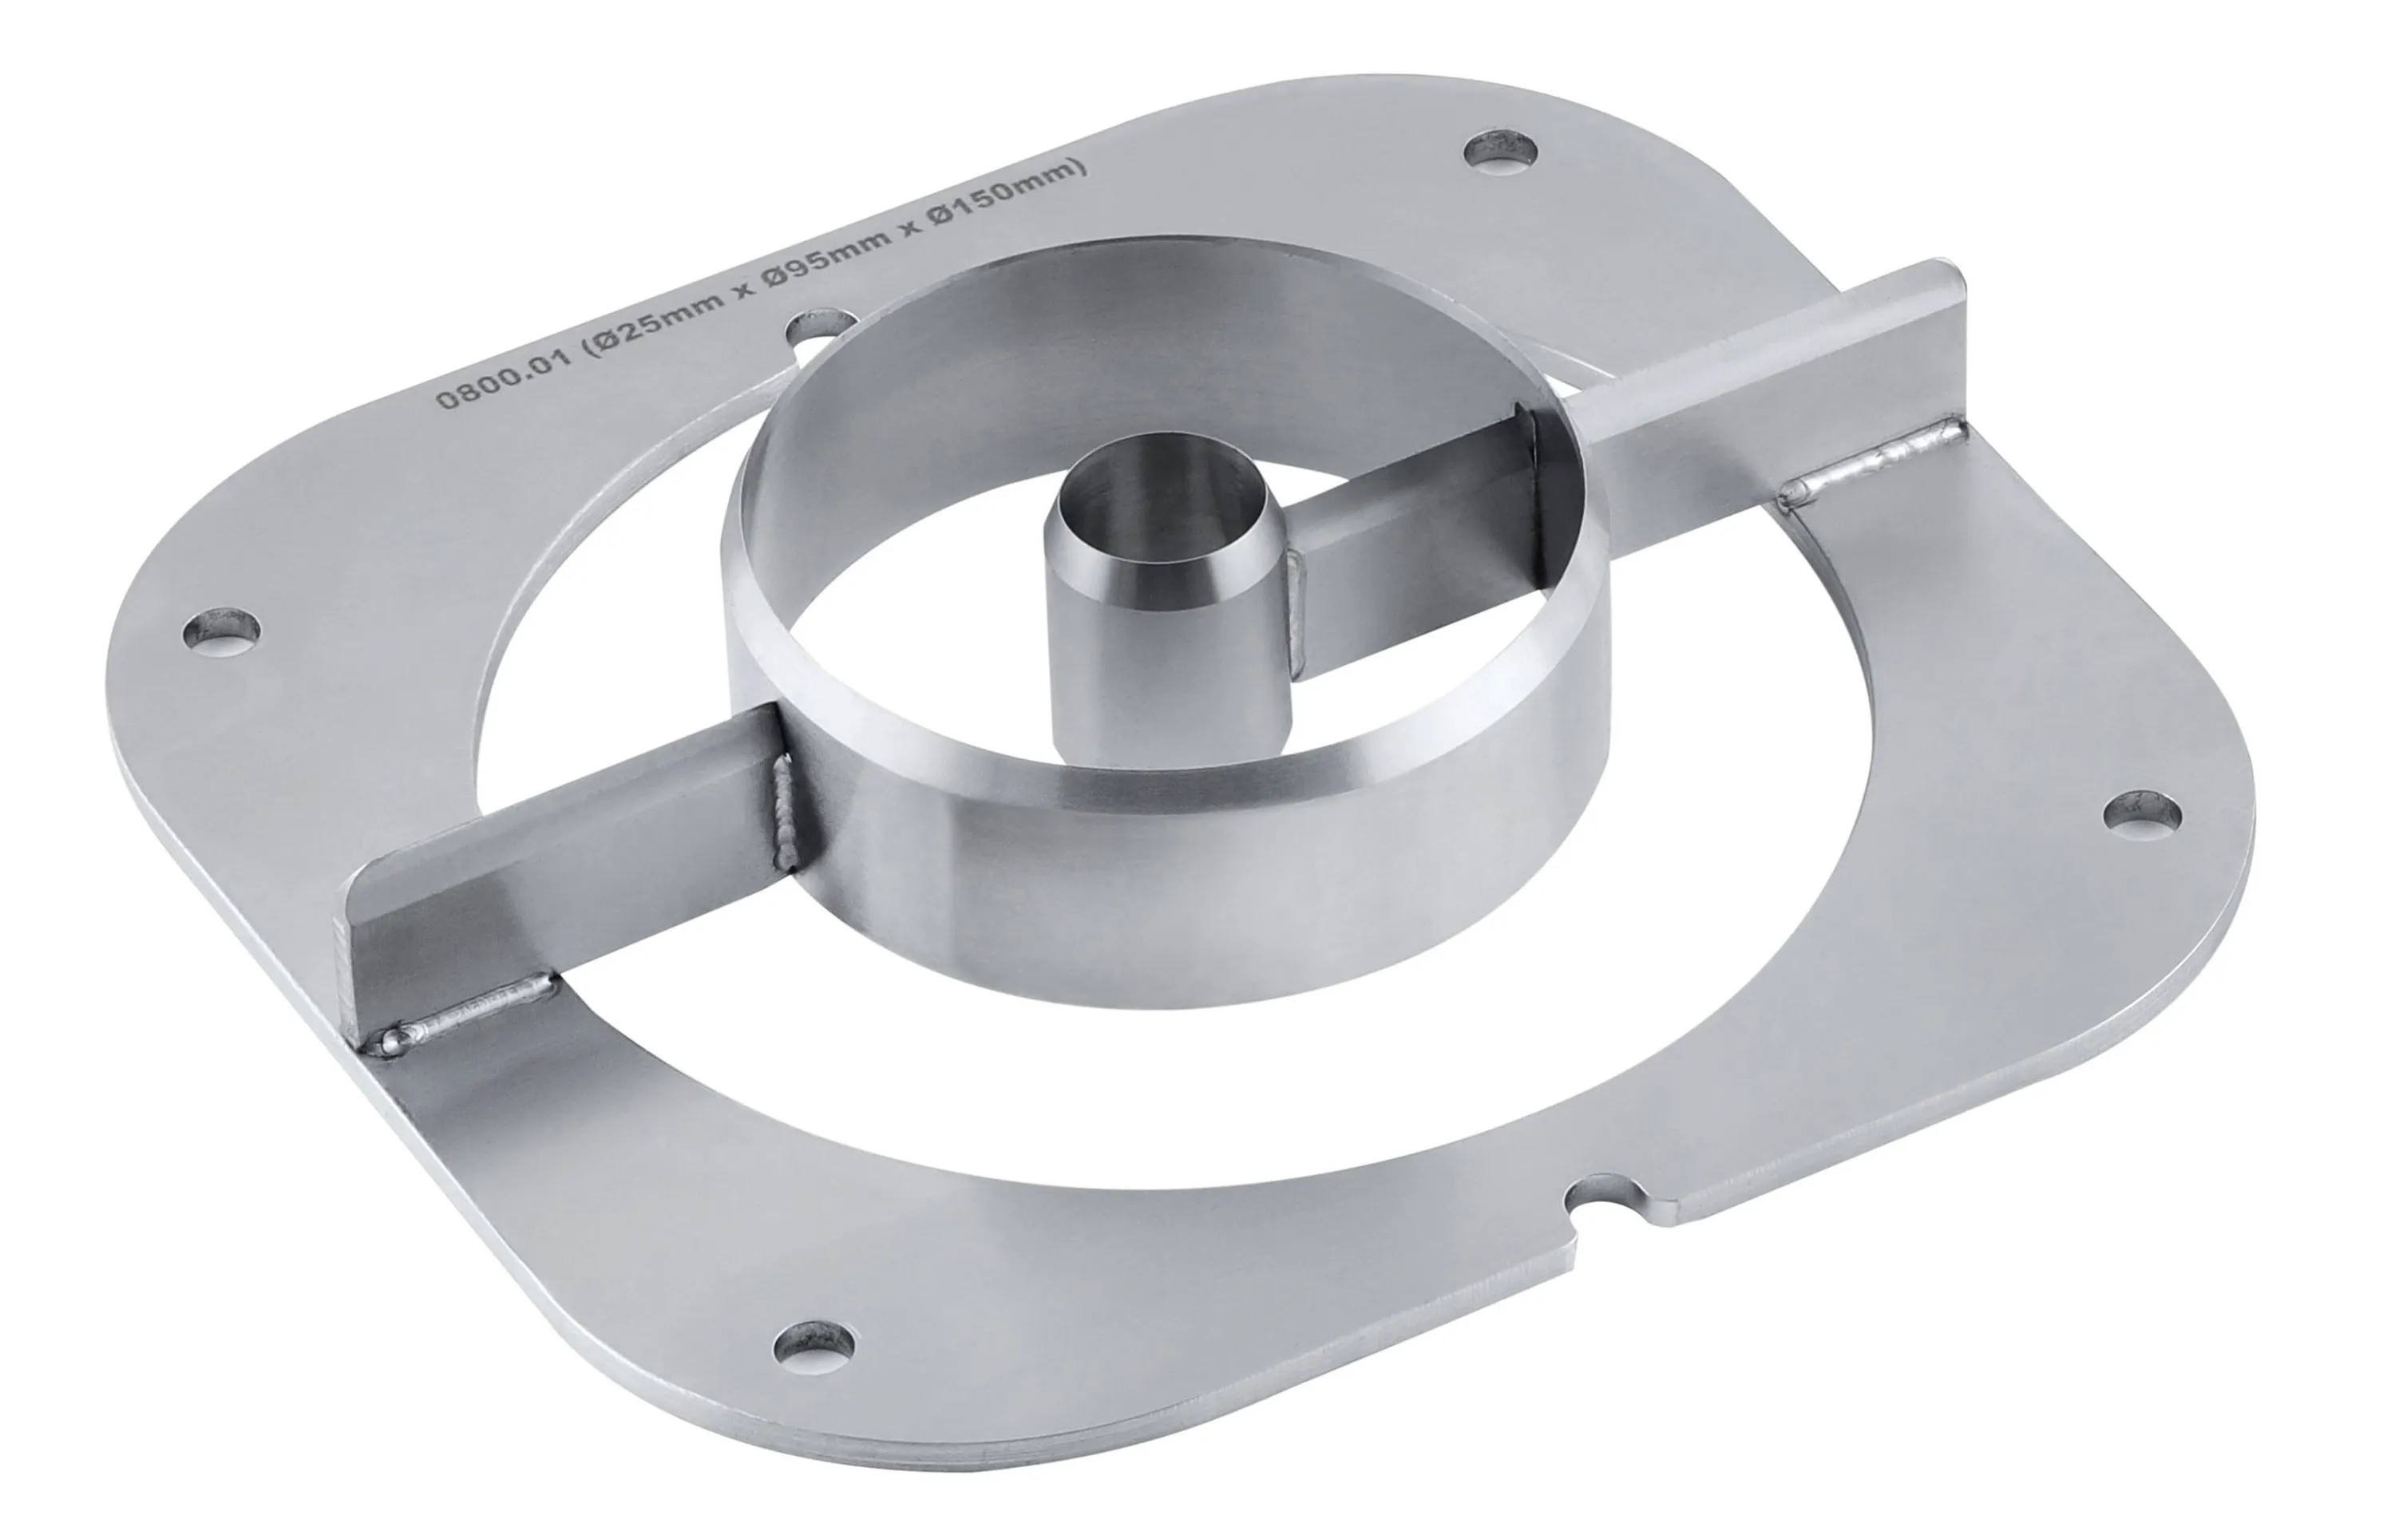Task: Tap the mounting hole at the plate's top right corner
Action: [1502, 149]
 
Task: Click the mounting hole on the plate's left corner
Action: [224, 631]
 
